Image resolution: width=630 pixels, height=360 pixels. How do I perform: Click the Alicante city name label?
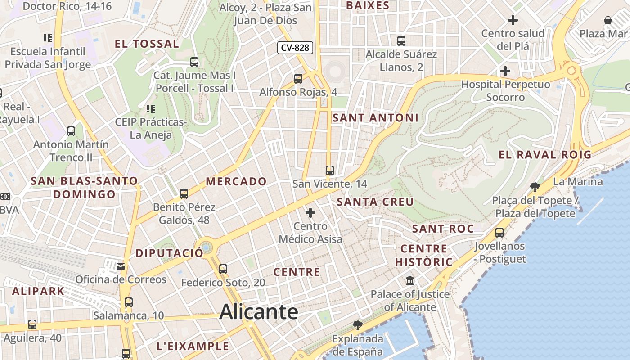point(259,312)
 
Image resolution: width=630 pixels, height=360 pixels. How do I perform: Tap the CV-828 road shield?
point(295,48)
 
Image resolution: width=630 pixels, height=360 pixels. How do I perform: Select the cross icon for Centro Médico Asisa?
point(310,213)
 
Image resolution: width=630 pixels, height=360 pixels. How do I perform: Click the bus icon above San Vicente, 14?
point(330,171)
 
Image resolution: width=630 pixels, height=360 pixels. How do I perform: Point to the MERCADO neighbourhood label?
point(236,181)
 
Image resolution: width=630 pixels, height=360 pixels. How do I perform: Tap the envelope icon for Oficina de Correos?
point(121,266)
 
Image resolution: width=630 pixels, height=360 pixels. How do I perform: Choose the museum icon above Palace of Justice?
point(410,281)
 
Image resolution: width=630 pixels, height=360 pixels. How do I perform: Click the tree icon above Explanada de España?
point(358,325)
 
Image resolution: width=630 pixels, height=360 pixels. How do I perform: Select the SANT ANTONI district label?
point(375,118)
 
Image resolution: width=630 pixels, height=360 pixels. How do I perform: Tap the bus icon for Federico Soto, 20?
point(223,269)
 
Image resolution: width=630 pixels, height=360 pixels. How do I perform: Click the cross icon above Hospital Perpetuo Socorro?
point(505,71)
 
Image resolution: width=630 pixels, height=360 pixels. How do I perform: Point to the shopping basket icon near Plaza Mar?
point(608,20)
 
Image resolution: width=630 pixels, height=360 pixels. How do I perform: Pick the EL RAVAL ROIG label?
point(545,155)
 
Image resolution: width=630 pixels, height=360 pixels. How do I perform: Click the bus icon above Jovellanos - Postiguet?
point(499,233)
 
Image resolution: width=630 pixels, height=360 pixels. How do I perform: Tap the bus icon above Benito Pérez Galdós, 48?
point(184,194)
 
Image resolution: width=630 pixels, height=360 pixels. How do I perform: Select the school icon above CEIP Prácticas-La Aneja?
point(151,109)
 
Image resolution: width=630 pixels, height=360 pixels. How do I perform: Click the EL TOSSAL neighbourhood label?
point(147,44)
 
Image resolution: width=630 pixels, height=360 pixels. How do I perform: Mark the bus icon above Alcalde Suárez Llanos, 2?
point(401,41)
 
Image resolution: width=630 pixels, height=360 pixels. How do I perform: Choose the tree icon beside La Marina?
point(535,186)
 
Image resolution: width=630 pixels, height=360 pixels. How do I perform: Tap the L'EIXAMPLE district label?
point(193,346)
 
